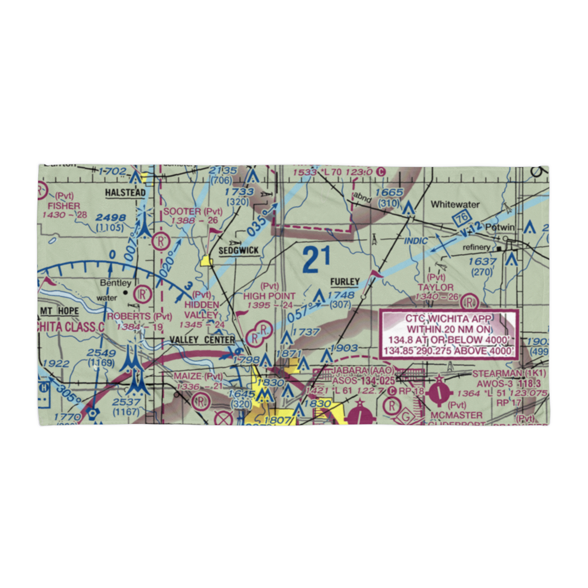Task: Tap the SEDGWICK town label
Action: tap(238, 250)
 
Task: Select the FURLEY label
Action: tap(344, 282)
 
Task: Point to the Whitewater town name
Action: tap(456, 205)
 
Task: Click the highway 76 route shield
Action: tap(460, 219)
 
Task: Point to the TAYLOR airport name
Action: tap(435, 287)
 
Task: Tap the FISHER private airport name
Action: tap(64, 206)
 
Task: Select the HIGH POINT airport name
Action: tap(269, 296)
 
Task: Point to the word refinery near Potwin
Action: tap(476, 248)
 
